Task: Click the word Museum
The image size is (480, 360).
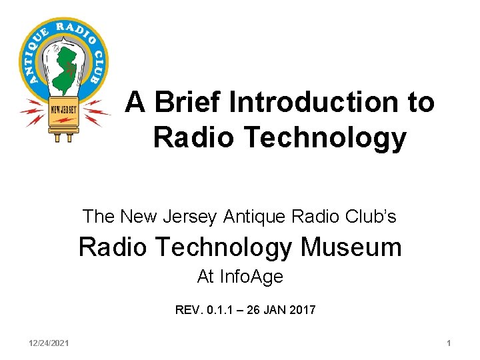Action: pos(351,247)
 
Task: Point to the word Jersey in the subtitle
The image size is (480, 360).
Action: pos(191,217)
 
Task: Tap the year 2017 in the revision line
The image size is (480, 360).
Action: pos(302,310)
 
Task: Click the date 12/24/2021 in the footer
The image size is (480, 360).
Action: pos(49,343)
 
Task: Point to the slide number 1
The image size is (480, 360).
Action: pos(449,343)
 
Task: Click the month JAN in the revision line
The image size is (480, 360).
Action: pos(273,310)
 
